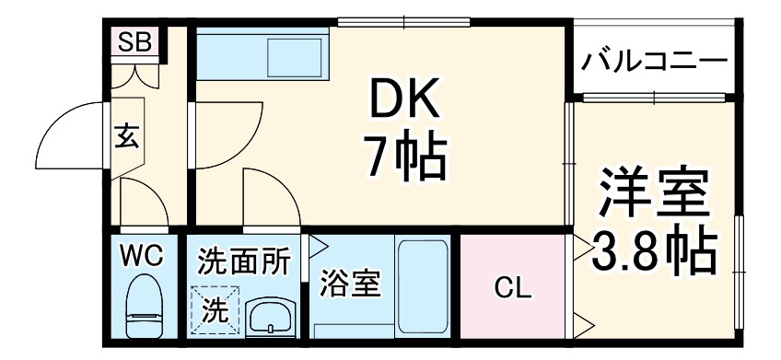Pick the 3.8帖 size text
point(655,249)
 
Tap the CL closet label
point(513,288)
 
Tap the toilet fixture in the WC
point(143,308)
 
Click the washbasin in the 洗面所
point(269,317)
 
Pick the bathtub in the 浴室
point(422,286)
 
